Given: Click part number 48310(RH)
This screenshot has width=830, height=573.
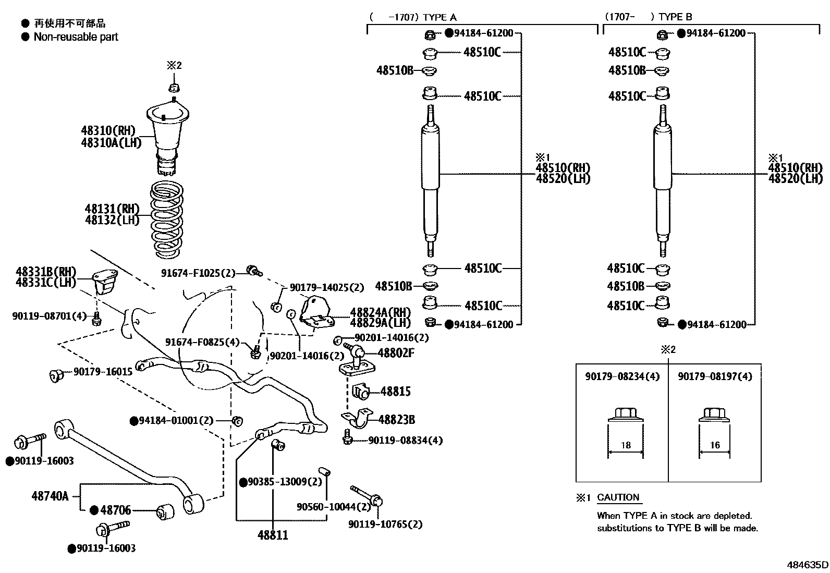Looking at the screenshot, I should [108, 130].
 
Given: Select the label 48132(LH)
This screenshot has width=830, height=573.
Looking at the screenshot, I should [112, 220].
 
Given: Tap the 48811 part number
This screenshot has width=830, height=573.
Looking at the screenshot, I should [273, 535].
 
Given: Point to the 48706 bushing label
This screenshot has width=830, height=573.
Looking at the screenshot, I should [115, 510].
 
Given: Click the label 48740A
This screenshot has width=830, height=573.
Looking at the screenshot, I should [50, 495].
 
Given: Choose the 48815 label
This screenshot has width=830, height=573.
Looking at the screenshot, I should [395, 392].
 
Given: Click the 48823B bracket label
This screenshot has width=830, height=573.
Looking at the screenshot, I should [397, 420].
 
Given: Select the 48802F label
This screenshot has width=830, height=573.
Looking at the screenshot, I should [396, 353].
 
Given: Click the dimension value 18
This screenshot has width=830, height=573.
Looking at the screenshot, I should [626, 445].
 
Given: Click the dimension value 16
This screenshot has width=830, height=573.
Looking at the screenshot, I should [715, 445].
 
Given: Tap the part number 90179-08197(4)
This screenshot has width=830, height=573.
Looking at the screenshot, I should [715, 376].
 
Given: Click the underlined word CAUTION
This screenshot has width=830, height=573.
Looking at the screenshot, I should [618, 497].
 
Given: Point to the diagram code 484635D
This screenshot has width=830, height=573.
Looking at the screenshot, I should [808, 565].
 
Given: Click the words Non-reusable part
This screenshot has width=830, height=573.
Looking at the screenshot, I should [76, 37].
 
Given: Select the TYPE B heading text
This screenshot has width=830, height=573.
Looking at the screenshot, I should [675, 17].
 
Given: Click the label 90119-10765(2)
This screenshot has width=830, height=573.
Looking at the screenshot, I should [385, 525].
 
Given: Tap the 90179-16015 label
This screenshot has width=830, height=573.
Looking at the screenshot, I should [103, 372].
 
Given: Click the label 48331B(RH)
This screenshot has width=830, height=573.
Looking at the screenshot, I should [46, 272].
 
